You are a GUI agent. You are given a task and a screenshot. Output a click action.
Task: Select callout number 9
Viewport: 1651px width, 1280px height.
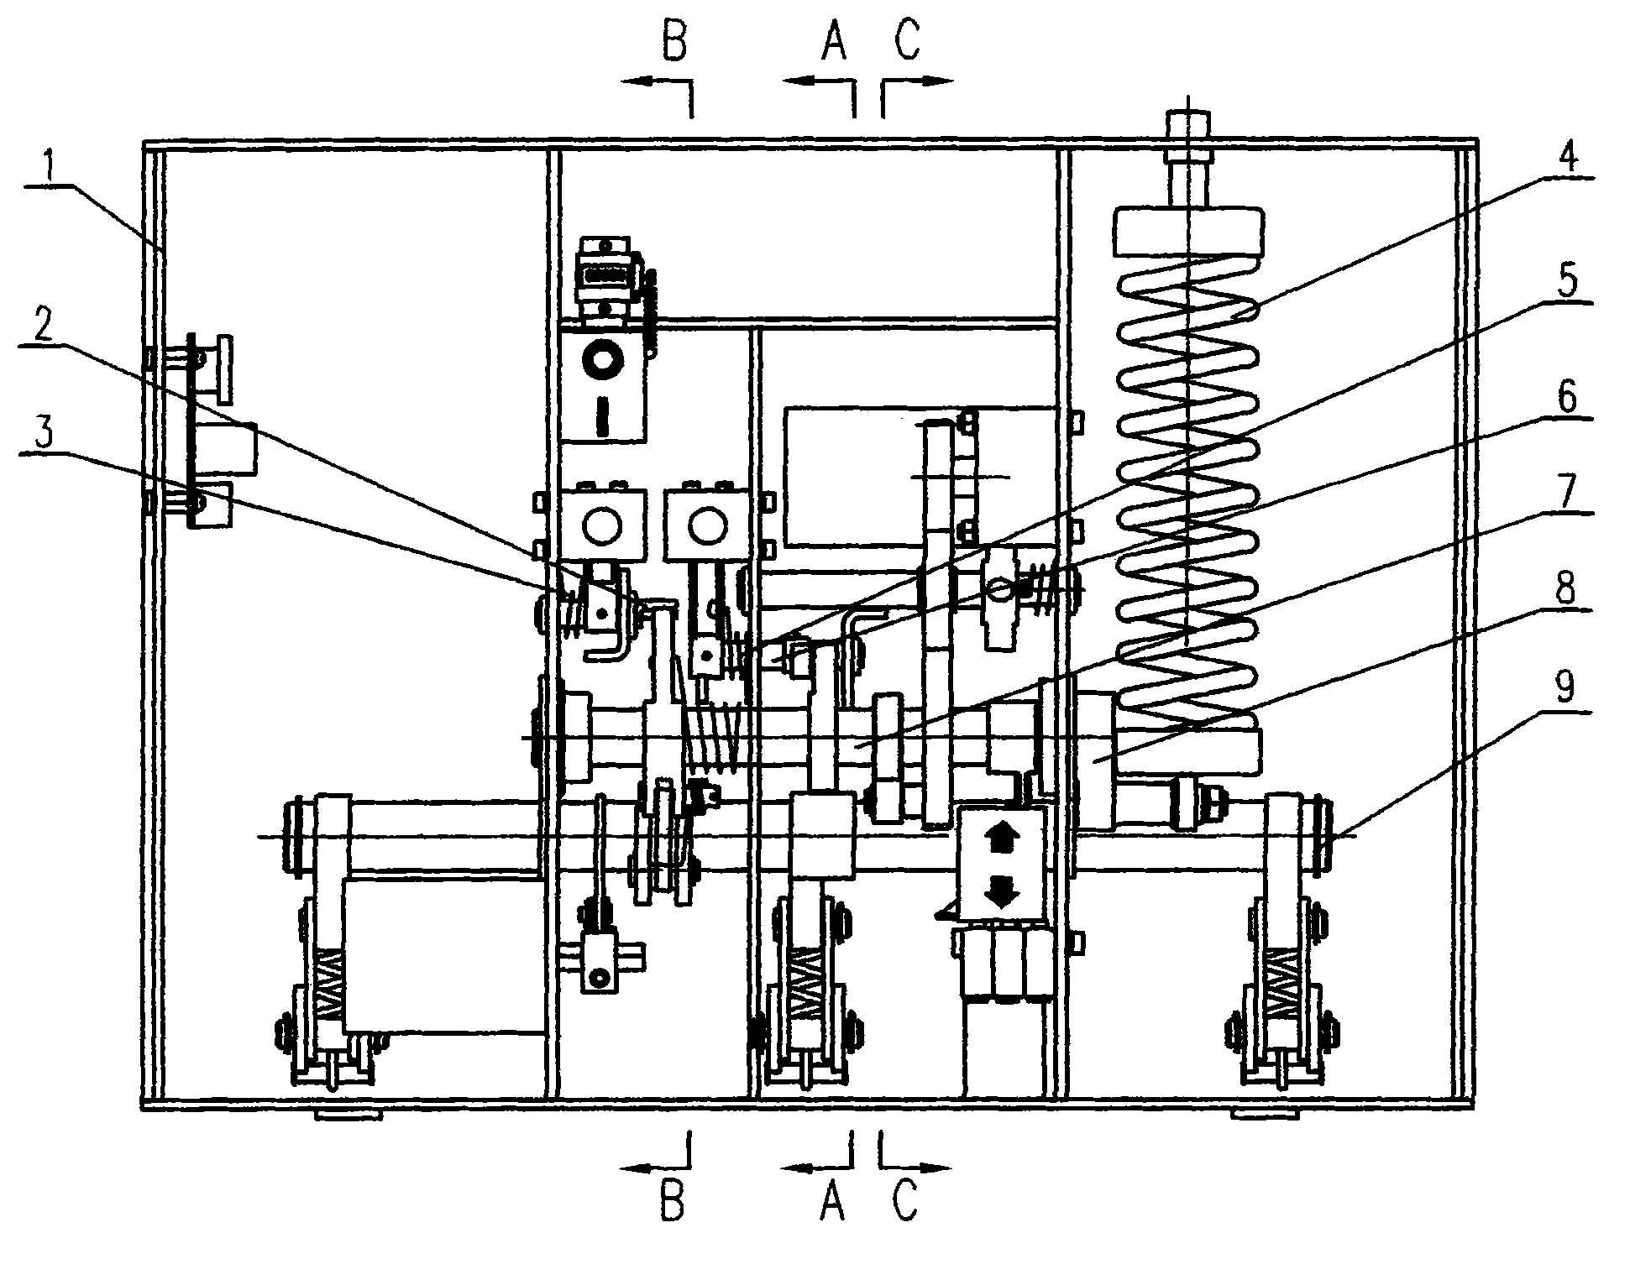pyautogui.click(x=1564, y=689)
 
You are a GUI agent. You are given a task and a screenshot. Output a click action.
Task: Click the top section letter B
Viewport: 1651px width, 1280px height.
pyautogui.click(x=675, y=42)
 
